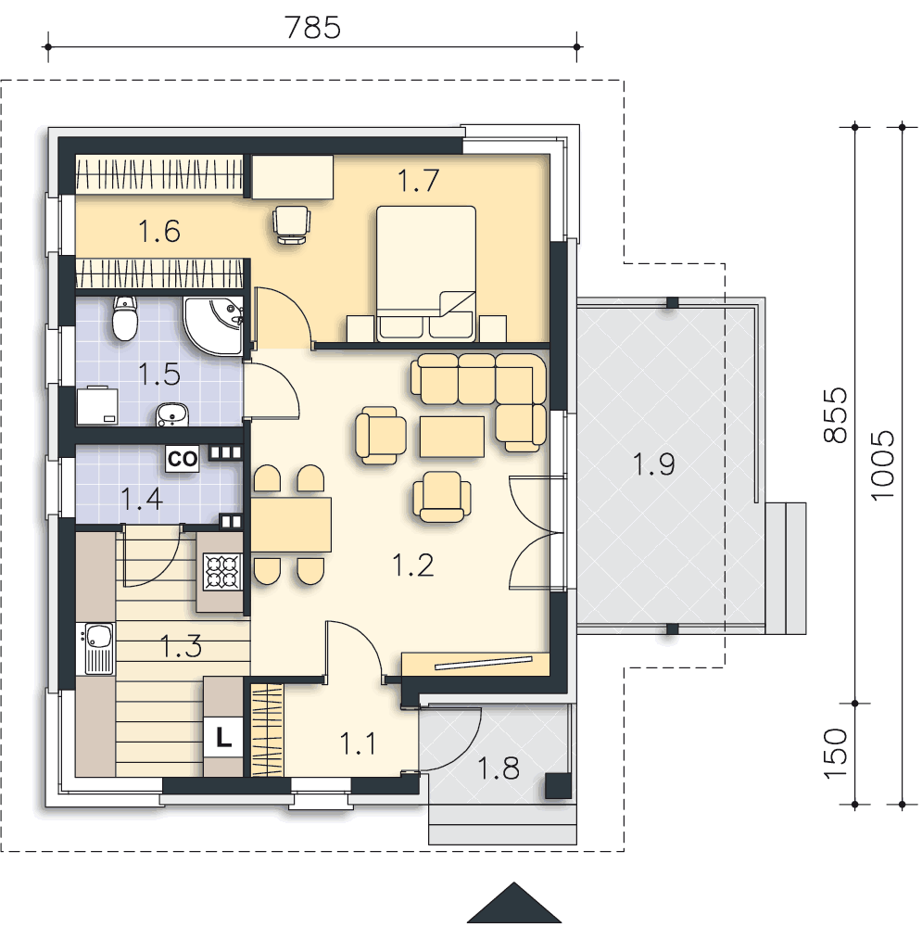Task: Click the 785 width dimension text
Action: tap(312, 27)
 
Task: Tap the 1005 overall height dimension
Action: tap(883, 465)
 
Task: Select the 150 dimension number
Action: tap(836, 754)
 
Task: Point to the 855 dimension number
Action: tap(836, 415)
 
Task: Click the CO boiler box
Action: tap(183, 458)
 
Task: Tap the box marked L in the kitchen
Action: tap(222, 737)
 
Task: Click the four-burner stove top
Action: tap(222, 571)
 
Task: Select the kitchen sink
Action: tap(99, 649)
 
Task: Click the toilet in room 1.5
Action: tap(125, 318)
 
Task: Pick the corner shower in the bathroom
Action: tap(212, 325)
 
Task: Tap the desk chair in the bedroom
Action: tap(291, 224)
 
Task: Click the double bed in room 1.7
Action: tap(426, 273)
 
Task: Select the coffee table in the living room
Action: tap(452, 437)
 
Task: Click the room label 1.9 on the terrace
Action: tap(653, 463)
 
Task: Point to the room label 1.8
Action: tap(499, 768)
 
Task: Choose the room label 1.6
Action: tap(159, 231)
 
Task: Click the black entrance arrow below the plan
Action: tap(514, 903)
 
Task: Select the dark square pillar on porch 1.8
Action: tap(557, 786)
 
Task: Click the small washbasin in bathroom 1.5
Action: tap(171, 414)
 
